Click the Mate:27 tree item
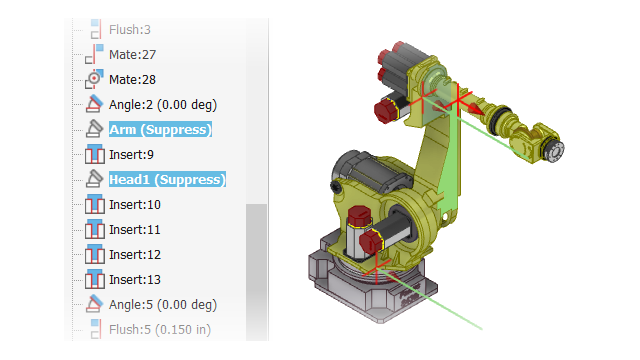pos(132,55)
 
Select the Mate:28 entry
pos(132,80)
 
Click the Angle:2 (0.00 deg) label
pos(163,105)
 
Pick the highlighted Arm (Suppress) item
pos(160,130)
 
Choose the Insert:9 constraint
pos(131,155)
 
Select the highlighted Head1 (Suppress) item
pos(167,180)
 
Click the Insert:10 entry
pos(135,204)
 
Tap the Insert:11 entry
pos(135,230)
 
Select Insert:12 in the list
pos(135,255)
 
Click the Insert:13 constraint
pos(135,280)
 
